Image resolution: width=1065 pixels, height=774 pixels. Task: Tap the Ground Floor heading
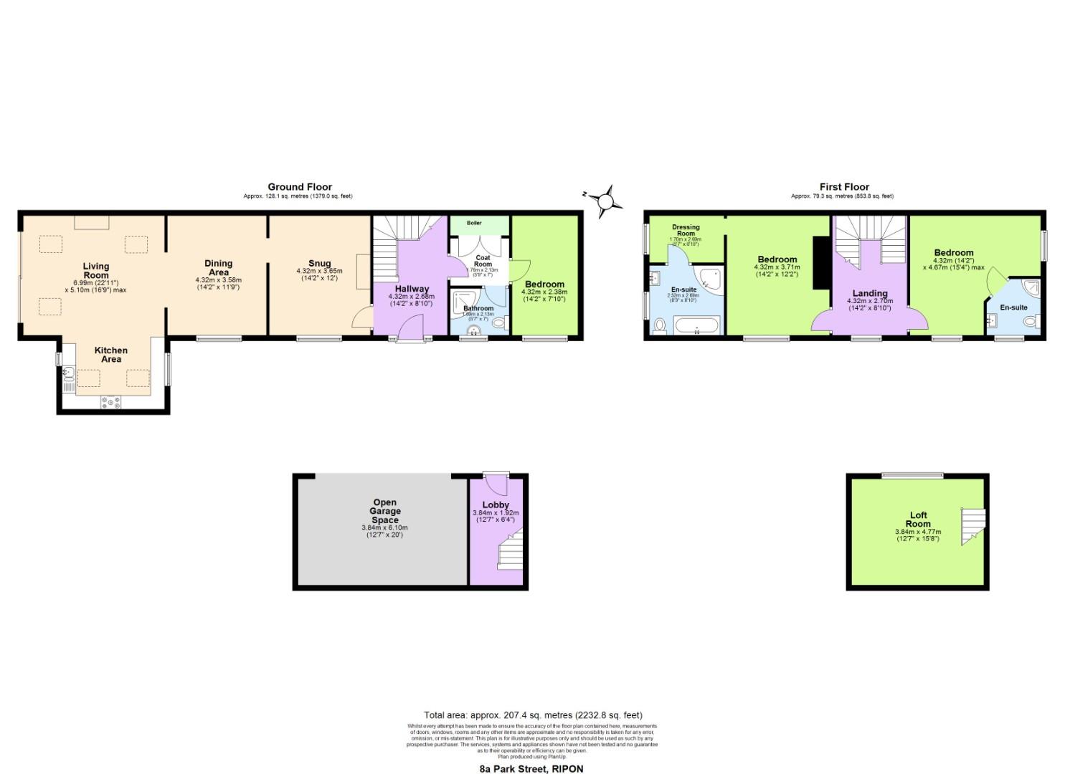(x=300, y=187)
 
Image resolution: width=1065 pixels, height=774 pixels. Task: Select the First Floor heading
(x=844, y=187)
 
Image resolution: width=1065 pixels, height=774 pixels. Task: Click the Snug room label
(x=319, y=263)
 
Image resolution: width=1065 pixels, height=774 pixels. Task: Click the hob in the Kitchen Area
(x=111, y=403)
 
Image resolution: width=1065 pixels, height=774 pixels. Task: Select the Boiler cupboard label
(x=474, y=223)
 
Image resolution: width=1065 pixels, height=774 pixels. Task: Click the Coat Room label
(x=483, y=261)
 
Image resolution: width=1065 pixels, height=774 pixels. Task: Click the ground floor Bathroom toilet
(x=500, y=323)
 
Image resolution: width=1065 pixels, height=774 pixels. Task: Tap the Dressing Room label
(x=686, y=230)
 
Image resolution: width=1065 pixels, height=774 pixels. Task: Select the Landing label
(x=870, y=293)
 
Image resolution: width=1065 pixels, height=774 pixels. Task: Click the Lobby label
(x=496, y=505)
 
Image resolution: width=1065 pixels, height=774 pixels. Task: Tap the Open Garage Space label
(x=384, y=511)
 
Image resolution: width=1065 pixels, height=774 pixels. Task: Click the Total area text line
(x=533, y=715)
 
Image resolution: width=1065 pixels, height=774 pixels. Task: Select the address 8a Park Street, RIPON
(x=531, y=769)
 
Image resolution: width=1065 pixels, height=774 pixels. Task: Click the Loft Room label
(x=918, y=520)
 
